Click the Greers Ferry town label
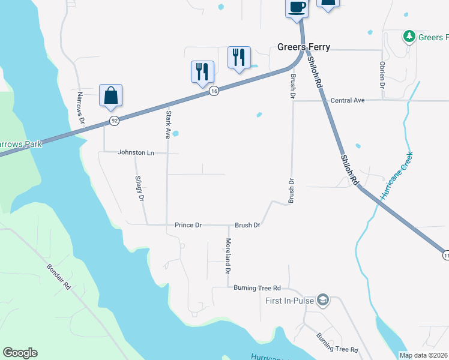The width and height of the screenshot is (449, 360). pyautogui.click(x=303, y=47)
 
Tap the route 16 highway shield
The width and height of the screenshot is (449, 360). pyautogui.click(x=214, y=91)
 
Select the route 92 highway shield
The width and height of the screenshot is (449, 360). pyautogui.click(x=114, y=121)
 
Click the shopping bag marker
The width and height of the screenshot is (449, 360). pyautogui.click(x=110, y=96)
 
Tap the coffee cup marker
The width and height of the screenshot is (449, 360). pyautogui.click(x=297, y=8)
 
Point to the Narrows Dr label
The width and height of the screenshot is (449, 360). pyautogui.click(x=81, y=108)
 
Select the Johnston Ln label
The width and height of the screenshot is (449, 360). pyautogui.click(x=136, y=152)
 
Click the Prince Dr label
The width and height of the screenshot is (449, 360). pyautogui.click(x=188, y=225)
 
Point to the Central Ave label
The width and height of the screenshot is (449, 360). pyautogui.click(x=348, y=100)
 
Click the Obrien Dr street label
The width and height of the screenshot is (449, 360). pyautogui.click(x=382, y=74)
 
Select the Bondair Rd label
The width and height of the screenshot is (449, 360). pyautogui.click(x=59, y=277)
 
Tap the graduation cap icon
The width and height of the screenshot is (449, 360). pyautogui.click(x=323, y=299)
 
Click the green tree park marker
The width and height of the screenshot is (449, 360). pyautogui.click(x=409, y=37)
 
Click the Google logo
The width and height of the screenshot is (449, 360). pyautogui.click(x=20, y=353)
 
